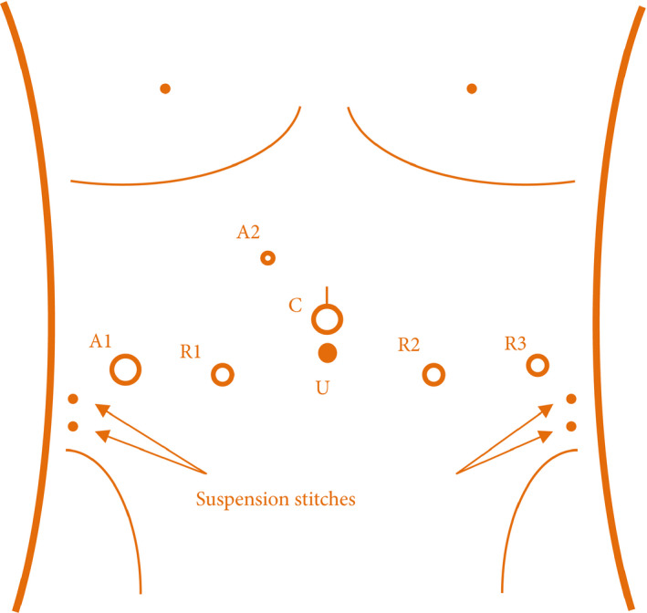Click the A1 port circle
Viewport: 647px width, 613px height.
pyautogui.click(x=126, y=369)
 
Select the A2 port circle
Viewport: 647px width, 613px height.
pyautogui.click(x=267, y=258)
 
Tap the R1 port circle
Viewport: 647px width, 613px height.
pyautogui.click(x=223, y=374)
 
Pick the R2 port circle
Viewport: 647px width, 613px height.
pyautogui.click(x=434, y=374)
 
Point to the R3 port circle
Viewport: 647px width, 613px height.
pyautogui.click(x=538, y=365)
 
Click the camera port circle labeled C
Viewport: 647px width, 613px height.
pyautogui.click(x=328, y=319)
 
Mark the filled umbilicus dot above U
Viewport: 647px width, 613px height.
pyautogui.click(x=328, y=352)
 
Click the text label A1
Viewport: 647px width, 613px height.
pyautogui.click(x=100, y=341)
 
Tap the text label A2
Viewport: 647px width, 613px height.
pyautogui.click(x=248, y=233)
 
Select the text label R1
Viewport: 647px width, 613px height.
pyautogui.click(x=191, y=351)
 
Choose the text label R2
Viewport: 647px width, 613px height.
pyautogui.click(x=409, y=344)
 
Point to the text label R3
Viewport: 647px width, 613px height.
pyautogui.click(x=516, y=343)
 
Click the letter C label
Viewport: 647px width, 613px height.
pyautogui.click(x=296, y=305)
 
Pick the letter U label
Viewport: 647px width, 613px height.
pyautogui.click(x=322, y=388)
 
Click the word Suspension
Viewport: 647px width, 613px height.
pyautogui.click(x=240, y=500)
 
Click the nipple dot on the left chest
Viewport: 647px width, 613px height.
pyautogui.click(x=165, y=88)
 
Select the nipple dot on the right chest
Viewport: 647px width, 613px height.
pyautogui.click(x=472, y=88)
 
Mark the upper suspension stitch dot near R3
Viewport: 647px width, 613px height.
pyautogui.click(x=571, y=399)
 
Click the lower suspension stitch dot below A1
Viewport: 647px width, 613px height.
pyautogui.click(x=74, y=426)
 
